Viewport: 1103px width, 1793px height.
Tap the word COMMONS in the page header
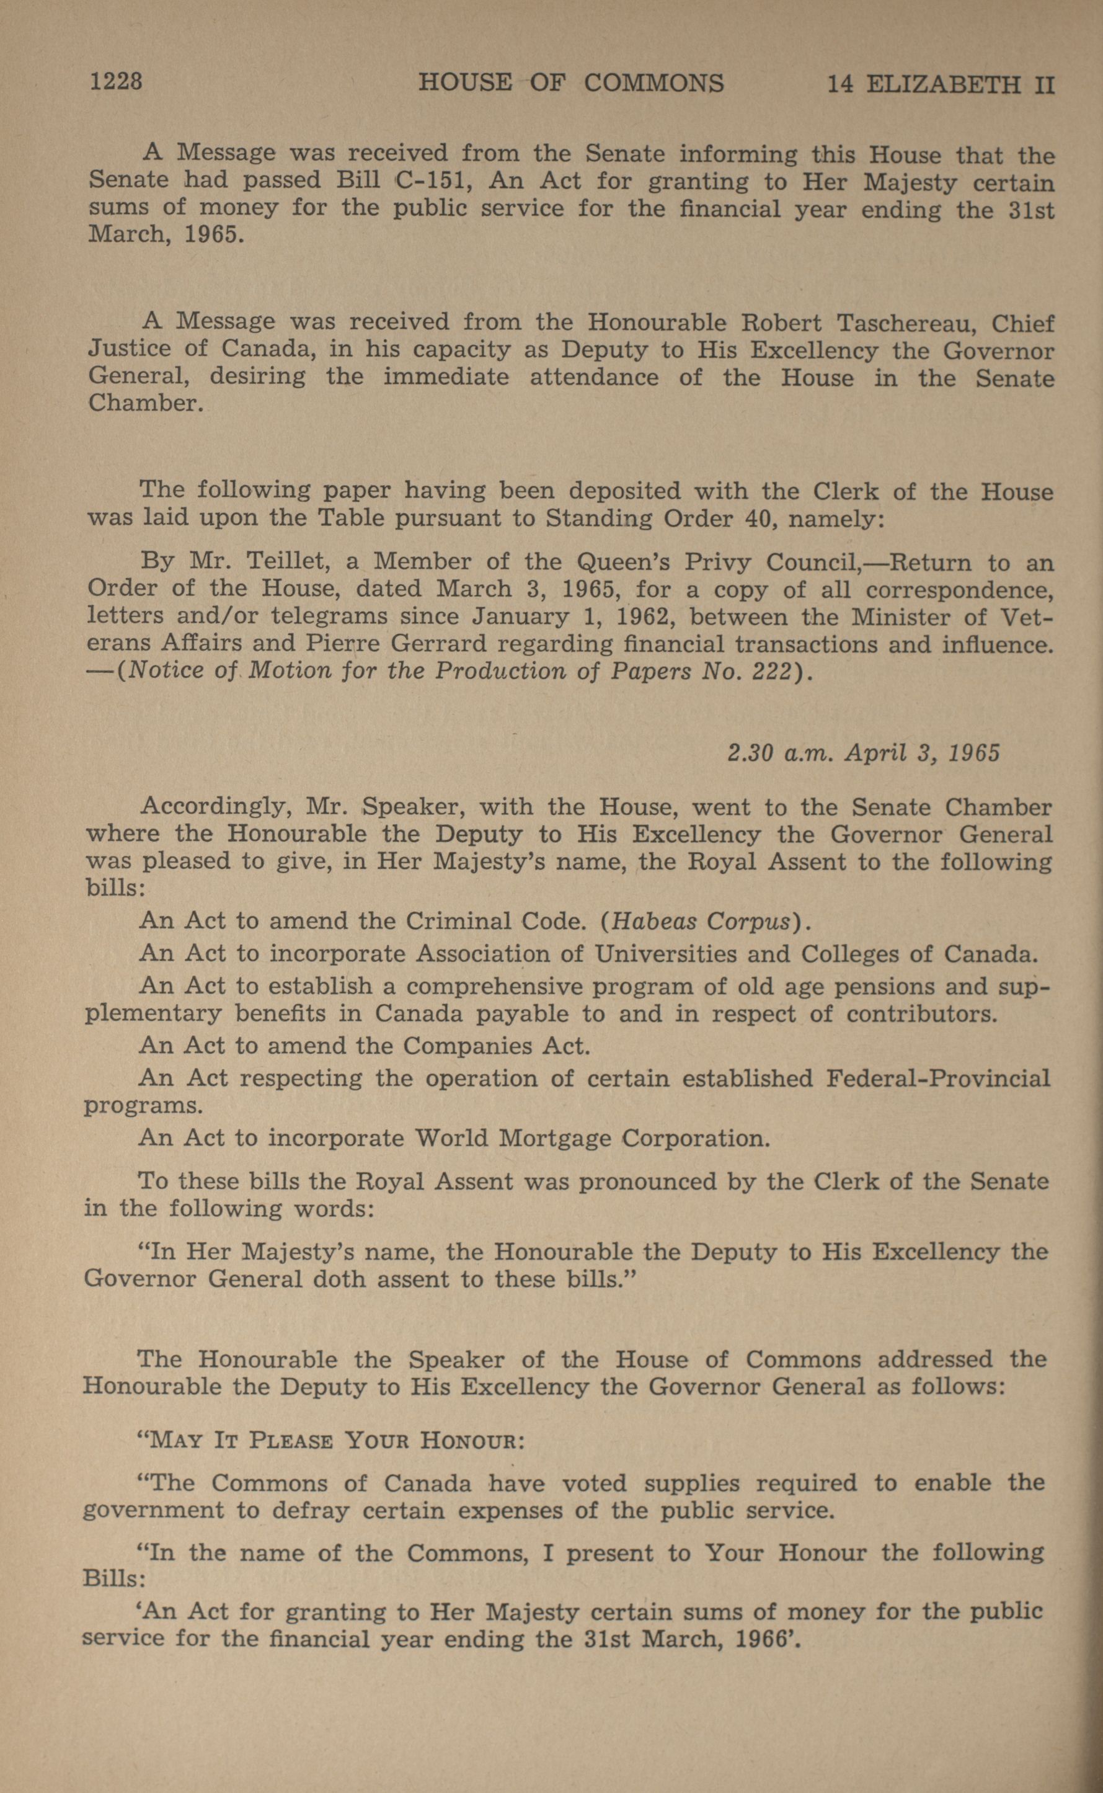click(653, 83)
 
